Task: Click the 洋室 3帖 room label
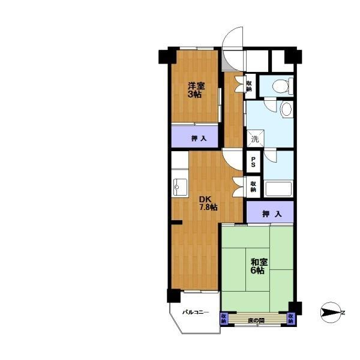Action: pyautogui.click(x=196, y=90)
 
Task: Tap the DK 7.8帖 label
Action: pyautogui.click(x=208, y=203)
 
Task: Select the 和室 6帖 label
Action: pyautogui.click(x=259, y=266)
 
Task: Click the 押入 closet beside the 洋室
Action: pyautogui.click(x=194, y=137)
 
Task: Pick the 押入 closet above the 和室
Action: pyautogui.click(x=270, y=212)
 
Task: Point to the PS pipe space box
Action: pyautogui.click(x=253, y=161)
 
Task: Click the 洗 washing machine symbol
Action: pyautogui.click(x=256, y=139)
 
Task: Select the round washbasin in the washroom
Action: pyautogui.click(x=286, y=109)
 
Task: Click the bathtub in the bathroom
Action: pyautogui.click(x=278, y=189)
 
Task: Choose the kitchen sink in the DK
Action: pyautogui.click(x=180, y=187)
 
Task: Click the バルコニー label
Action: pyautogui.click(x=196, y=312)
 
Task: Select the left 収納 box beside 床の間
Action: pyautogui.click(x=224, y=319)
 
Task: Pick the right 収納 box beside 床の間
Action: pyautogui.click(x=290, y=319)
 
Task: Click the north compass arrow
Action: pyautogui.click(x=331, y=312)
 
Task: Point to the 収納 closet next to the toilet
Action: pyautogui.click(x=250, y=86)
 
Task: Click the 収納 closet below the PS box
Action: pyautogui.click(x=253, y=187)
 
